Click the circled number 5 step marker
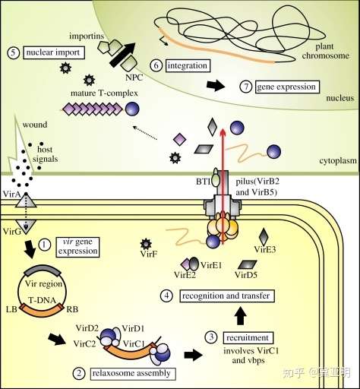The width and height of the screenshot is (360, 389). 13,53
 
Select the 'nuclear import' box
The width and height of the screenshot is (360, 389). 54,52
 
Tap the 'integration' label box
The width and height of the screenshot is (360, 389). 188,65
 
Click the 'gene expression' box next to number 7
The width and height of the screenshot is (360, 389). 287,87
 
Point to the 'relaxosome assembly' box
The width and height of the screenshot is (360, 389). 133,374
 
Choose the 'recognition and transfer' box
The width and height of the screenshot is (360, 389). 227,296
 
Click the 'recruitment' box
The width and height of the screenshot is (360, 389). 248,337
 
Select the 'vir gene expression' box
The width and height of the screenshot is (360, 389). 77,247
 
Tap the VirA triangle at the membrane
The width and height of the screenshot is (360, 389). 26,200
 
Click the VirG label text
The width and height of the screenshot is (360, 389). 12,231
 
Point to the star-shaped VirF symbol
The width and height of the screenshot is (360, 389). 146,244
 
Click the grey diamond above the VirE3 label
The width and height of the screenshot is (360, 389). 264,237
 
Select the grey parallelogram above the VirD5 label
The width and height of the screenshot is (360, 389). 248,264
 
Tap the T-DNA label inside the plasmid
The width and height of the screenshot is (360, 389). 42,300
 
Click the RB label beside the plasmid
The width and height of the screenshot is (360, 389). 72,309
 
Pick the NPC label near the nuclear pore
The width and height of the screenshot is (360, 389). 134,77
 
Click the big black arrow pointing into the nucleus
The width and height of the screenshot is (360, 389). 122,55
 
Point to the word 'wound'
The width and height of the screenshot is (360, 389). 35,125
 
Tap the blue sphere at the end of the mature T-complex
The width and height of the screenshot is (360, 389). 132,109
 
